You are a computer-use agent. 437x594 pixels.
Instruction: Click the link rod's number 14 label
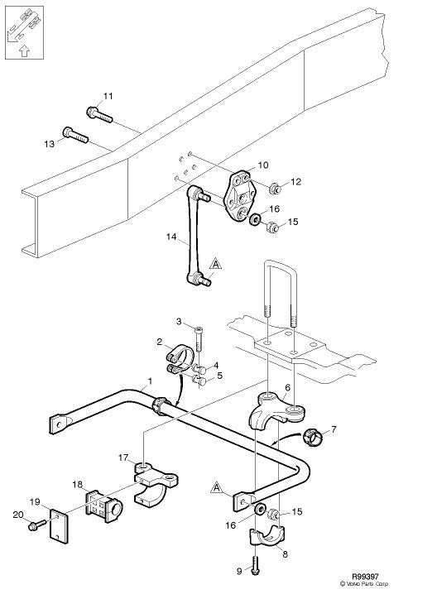click(x=170, y=237)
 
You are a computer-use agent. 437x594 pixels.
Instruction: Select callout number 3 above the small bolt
click(x=178, y=321)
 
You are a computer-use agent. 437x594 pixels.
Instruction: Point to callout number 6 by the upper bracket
click(x=287, y=386)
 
